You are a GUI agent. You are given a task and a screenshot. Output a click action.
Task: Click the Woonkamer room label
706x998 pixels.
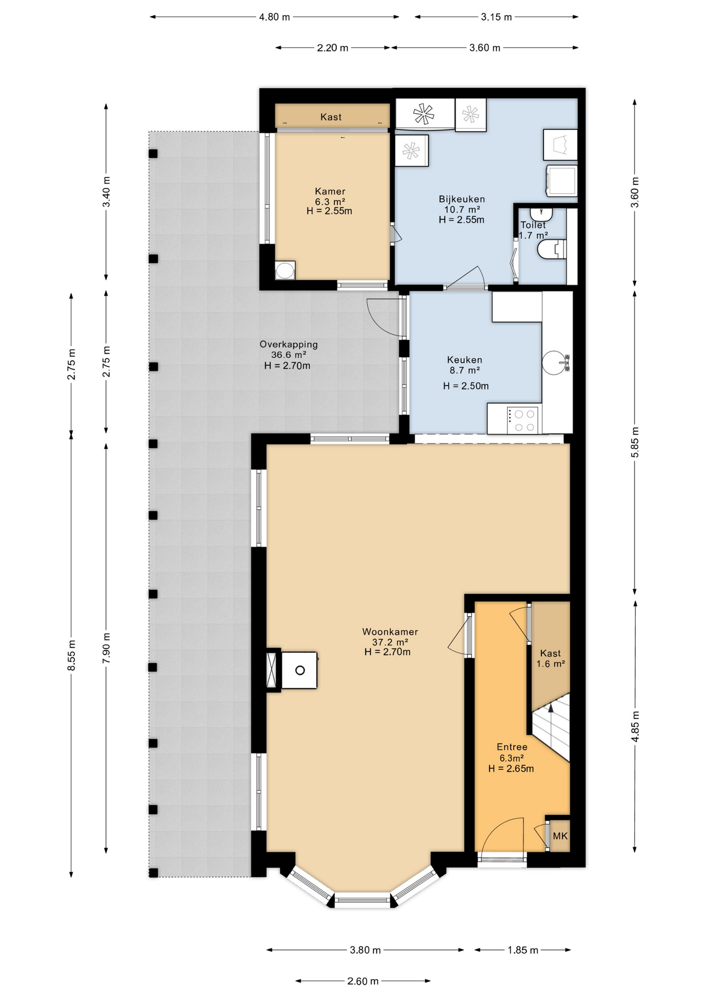390,632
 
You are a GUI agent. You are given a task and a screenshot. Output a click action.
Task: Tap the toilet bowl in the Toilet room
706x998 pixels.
549,249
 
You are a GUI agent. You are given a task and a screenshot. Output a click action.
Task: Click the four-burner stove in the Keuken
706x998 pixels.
522,421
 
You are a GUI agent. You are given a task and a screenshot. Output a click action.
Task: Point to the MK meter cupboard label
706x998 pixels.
560,836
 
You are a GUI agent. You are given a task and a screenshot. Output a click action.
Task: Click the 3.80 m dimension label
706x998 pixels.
365,950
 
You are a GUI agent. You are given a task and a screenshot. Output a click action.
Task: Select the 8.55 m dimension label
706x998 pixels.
72,655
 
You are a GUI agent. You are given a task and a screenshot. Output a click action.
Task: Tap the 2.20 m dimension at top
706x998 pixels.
332,48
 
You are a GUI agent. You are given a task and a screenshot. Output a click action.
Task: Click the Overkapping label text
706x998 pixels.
288,344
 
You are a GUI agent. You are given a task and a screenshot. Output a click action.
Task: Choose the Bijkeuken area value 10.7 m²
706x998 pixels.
462,209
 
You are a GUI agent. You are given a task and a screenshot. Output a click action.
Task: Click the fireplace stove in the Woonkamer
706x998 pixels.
299,671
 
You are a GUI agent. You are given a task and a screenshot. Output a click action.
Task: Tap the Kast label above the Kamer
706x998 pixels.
331,117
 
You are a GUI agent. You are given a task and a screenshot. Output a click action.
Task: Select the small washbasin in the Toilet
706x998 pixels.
541,214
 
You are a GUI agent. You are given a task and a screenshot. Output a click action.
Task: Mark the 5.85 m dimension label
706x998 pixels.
635,442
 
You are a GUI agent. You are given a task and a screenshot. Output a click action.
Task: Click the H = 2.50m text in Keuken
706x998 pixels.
465,386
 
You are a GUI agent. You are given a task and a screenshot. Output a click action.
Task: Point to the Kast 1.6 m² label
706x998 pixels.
551,658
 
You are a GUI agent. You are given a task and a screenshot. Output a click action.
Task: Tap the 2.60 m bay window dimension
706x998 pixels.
362,981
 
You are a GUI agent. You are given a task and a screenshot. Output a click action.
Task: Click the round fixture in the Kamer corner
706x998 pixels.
284,270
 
